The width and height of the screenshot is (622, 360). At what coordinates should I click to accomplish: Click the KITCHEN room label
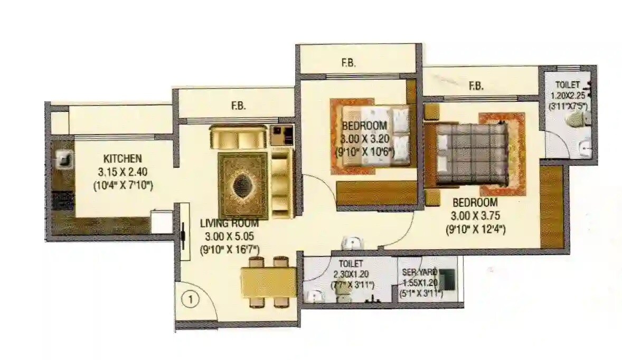pyautogui.click(x=122, y=158)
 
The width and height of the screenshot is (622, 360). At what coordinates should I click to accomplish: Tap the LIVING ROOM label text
pyautogui.click(x=229, y=223)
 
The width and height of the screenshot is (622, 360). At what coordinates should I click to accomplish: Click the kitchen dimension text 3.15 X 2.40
pyautogui.click(x=122, y=172)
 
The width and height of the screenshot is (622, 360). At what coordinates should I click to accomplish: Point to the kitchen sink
pyautogui.click(x=64, y=159)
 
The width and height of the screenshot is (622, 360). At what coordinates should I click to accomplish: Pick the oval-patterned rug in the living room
pyautogui.click(x=243, y=185)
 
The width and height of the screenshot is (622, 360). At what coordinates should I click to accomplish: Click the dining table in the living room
pyautogui.click(x=268, y=282)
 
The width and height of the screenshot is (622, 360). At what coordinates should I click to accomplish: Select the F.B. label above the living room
pyautogui.click(x=238, y=106)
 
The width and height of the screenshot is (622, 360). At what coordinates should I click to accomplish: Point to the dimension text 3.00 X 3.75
pyautogui.click(x=474, y=215)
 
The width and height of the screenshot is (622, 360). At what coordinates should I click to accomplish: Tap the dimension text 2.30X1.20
pyautogui.click(x=352, y=274)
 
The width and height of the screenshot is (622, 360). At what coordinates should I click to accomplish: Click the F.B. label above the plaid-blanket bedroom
pyautogui.click(x=476, y=86)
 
